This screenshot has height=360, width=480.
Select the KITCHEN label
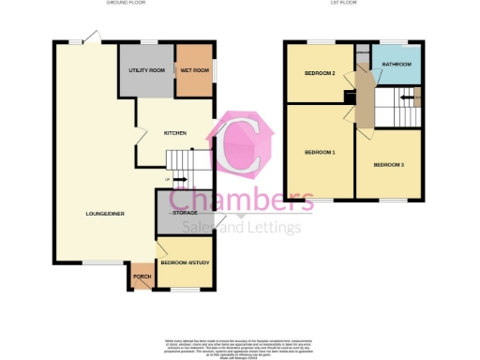point(175,133)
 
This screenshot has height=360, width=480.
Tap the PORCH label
point(142,277)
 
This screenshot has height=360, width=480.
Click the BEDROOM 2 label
point(320,73)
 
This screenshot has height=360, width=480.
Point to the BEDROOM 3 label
point(388,165)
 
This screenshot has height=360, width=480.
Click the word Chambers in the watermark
point(241,201)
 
